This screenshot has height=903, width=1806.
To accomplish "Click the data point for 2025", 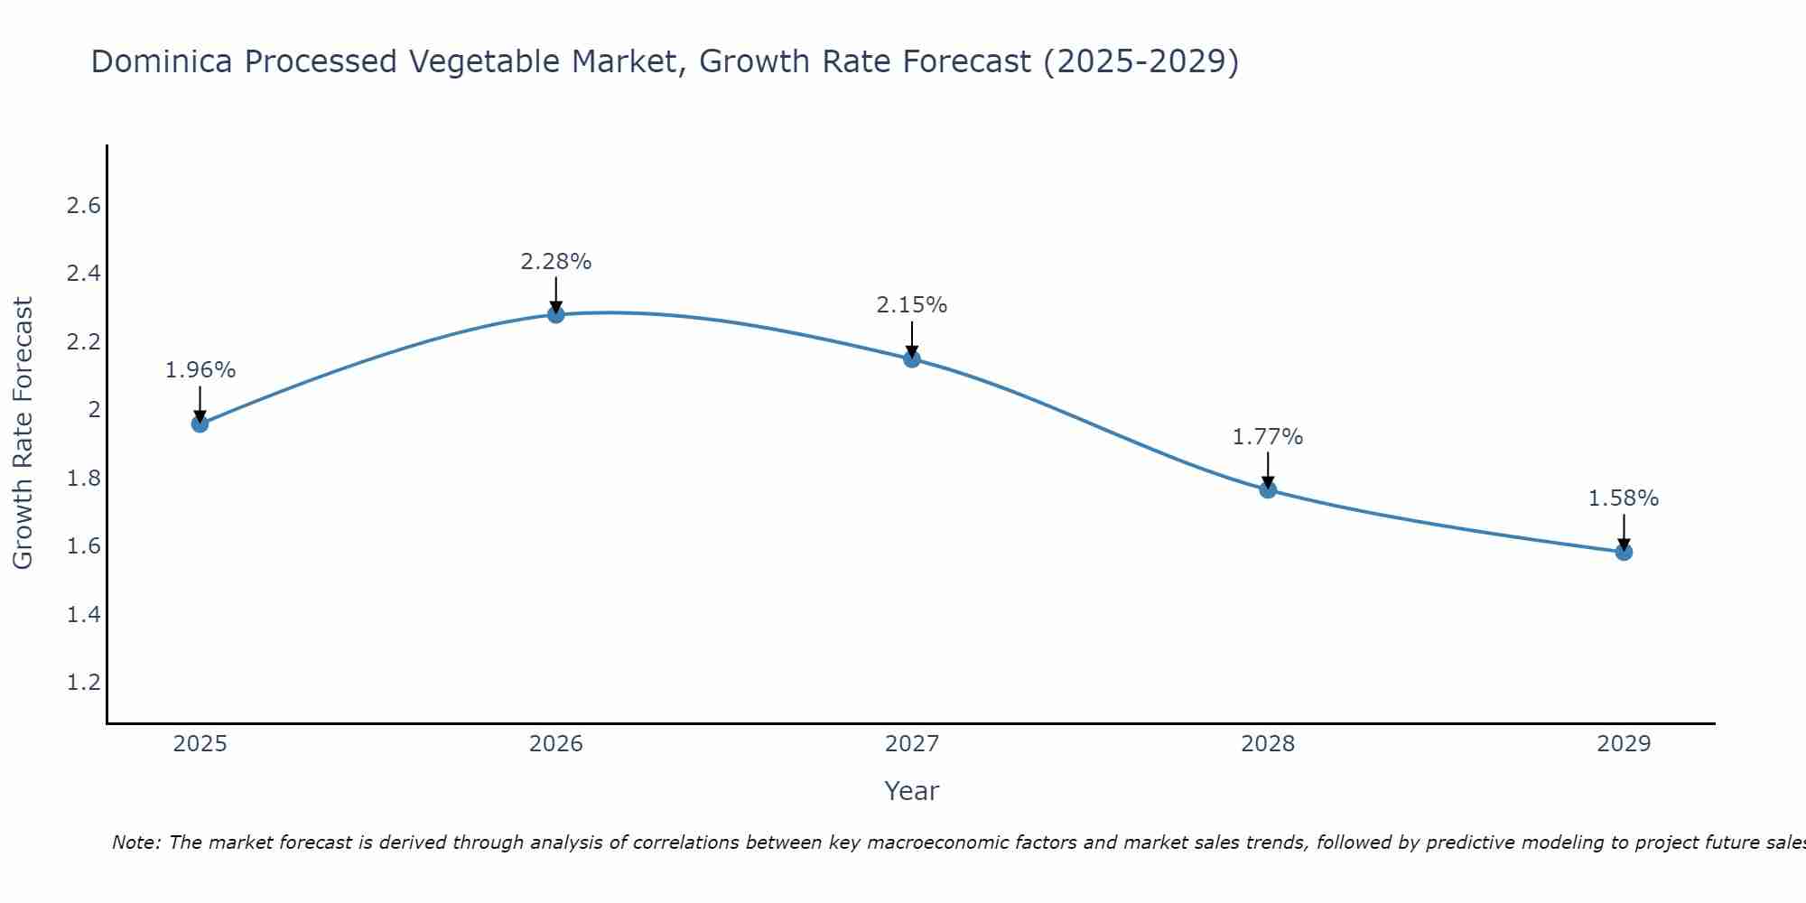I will [x=200, y=424].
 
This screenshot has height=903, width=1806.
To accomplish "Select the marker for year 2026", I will [x=556, y=314].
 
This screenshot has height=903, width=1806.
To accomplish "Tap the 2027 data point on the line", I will [x=912, y=359].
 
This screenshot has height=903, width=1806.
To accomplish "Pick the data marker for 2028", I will [x=1268, y=489].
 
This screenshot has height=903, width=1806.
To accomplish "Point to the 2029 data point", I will [x=1624, y=552].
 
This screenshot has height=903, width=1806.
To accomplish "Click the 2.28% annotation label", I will [x=556, y=262].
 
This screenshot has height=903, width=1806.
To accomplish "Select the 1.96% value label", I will [x=200, y=370].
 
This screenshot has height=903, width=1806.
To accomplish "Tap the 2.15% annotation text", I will [x=912, y=305].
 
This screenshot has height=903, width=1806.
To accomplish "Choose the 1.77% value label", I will [x=1268, y=437].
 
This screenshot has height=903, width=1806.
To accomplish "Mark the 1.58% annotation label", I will [x=1624, y=498].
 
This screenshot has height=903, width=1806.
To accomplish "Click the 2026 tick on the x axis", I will [x=556, y=744].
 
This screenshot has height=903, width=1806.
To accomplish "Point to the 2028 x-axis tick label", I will [x=1268, y=744].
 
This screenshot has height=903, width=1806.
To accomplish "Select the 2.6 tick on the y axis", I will [x=83, y=206].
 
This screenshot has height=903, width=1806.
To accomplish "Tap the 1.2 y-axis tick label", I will [x=83, y=682].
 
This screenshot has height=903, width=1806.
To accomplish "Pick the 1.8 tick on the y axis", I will [x=83, y=479].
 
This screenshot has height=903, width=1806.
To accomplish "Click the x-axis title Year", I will [x=912, y=791].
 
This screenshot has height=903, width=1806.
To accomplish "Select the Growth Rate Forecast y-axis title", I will [x=23, y=433].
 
